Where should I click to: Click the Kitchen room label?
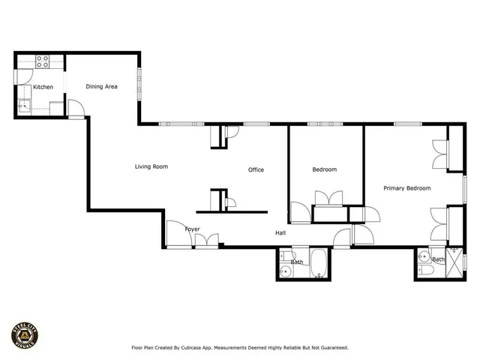tap(43, 87)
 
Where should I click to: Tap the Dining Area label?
tap(101, 86)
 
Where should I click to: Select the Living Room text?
tap(151, 166)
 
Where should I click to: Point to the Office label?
tap(256, 170)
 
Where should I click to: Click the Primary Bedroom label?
tap(406, 188)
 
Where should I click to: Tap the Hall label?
tap(280, 233)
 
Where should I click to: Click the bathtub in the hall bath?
tap(318, 265)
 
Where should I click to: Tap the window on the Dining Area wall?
tap(139, 81)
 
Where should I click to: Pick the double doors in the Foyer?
tap(206, 241)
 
